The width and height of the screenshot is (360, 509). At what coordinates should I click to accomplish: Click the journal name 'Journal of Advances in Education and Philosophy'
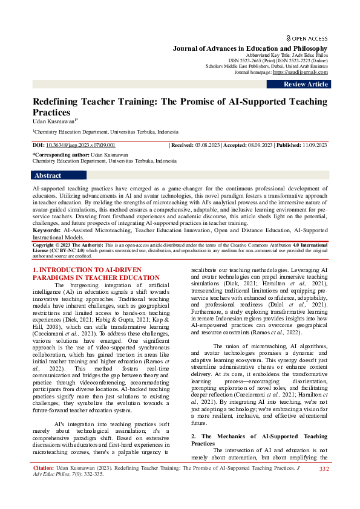(250, 48)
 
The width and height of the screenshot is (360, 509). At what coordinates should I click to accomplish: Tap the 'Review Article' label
(306, 85)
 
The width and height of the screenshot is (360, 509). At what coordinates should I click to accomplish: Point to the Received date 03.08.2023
(206, 146)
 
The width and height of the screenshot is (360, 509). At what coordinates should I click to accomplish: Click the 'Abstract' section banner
(48, 175)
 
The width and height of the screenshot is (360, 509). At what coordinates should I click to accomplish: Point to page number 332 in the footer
(324, 468)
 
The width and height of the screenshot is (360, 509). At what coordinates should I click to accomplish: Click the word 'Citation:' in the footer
(43, 468)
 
